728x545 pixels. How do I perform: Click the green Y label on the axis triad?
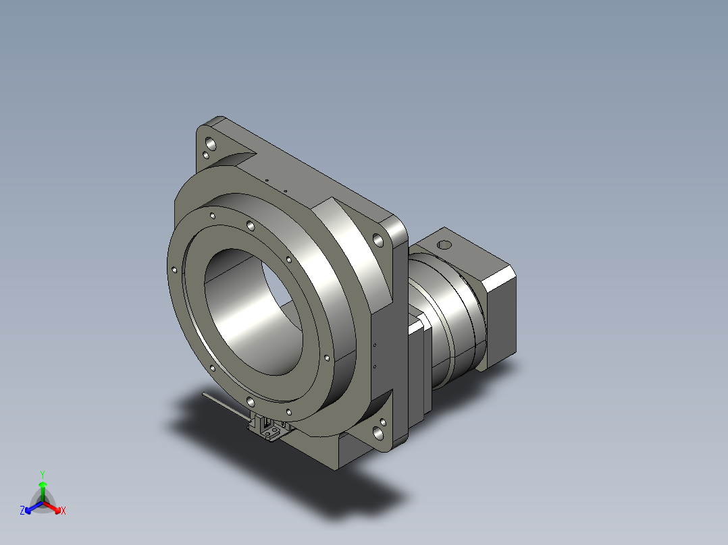click(43, 474)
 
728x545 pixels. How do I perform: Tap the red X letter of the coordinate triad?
click(63, 511)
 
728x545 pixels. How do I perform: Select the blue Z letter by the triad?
click(22, 510)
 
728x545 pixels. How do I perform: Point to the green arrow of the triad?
click(43, 491)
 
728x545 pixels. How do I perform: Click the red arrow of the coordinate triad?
click(53, 507)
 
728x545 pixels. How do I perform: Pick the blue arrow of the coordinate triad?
click(33, 507)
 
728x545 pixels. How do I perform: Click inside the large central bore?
click(253, 312)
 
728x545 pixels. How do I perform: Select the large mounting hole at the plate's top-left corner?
click(210, 144)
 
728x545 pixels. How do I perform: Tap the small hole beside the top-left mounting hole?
click(206, 156)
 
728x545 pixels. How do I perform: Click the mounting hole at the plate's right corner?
click(378, 240)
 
